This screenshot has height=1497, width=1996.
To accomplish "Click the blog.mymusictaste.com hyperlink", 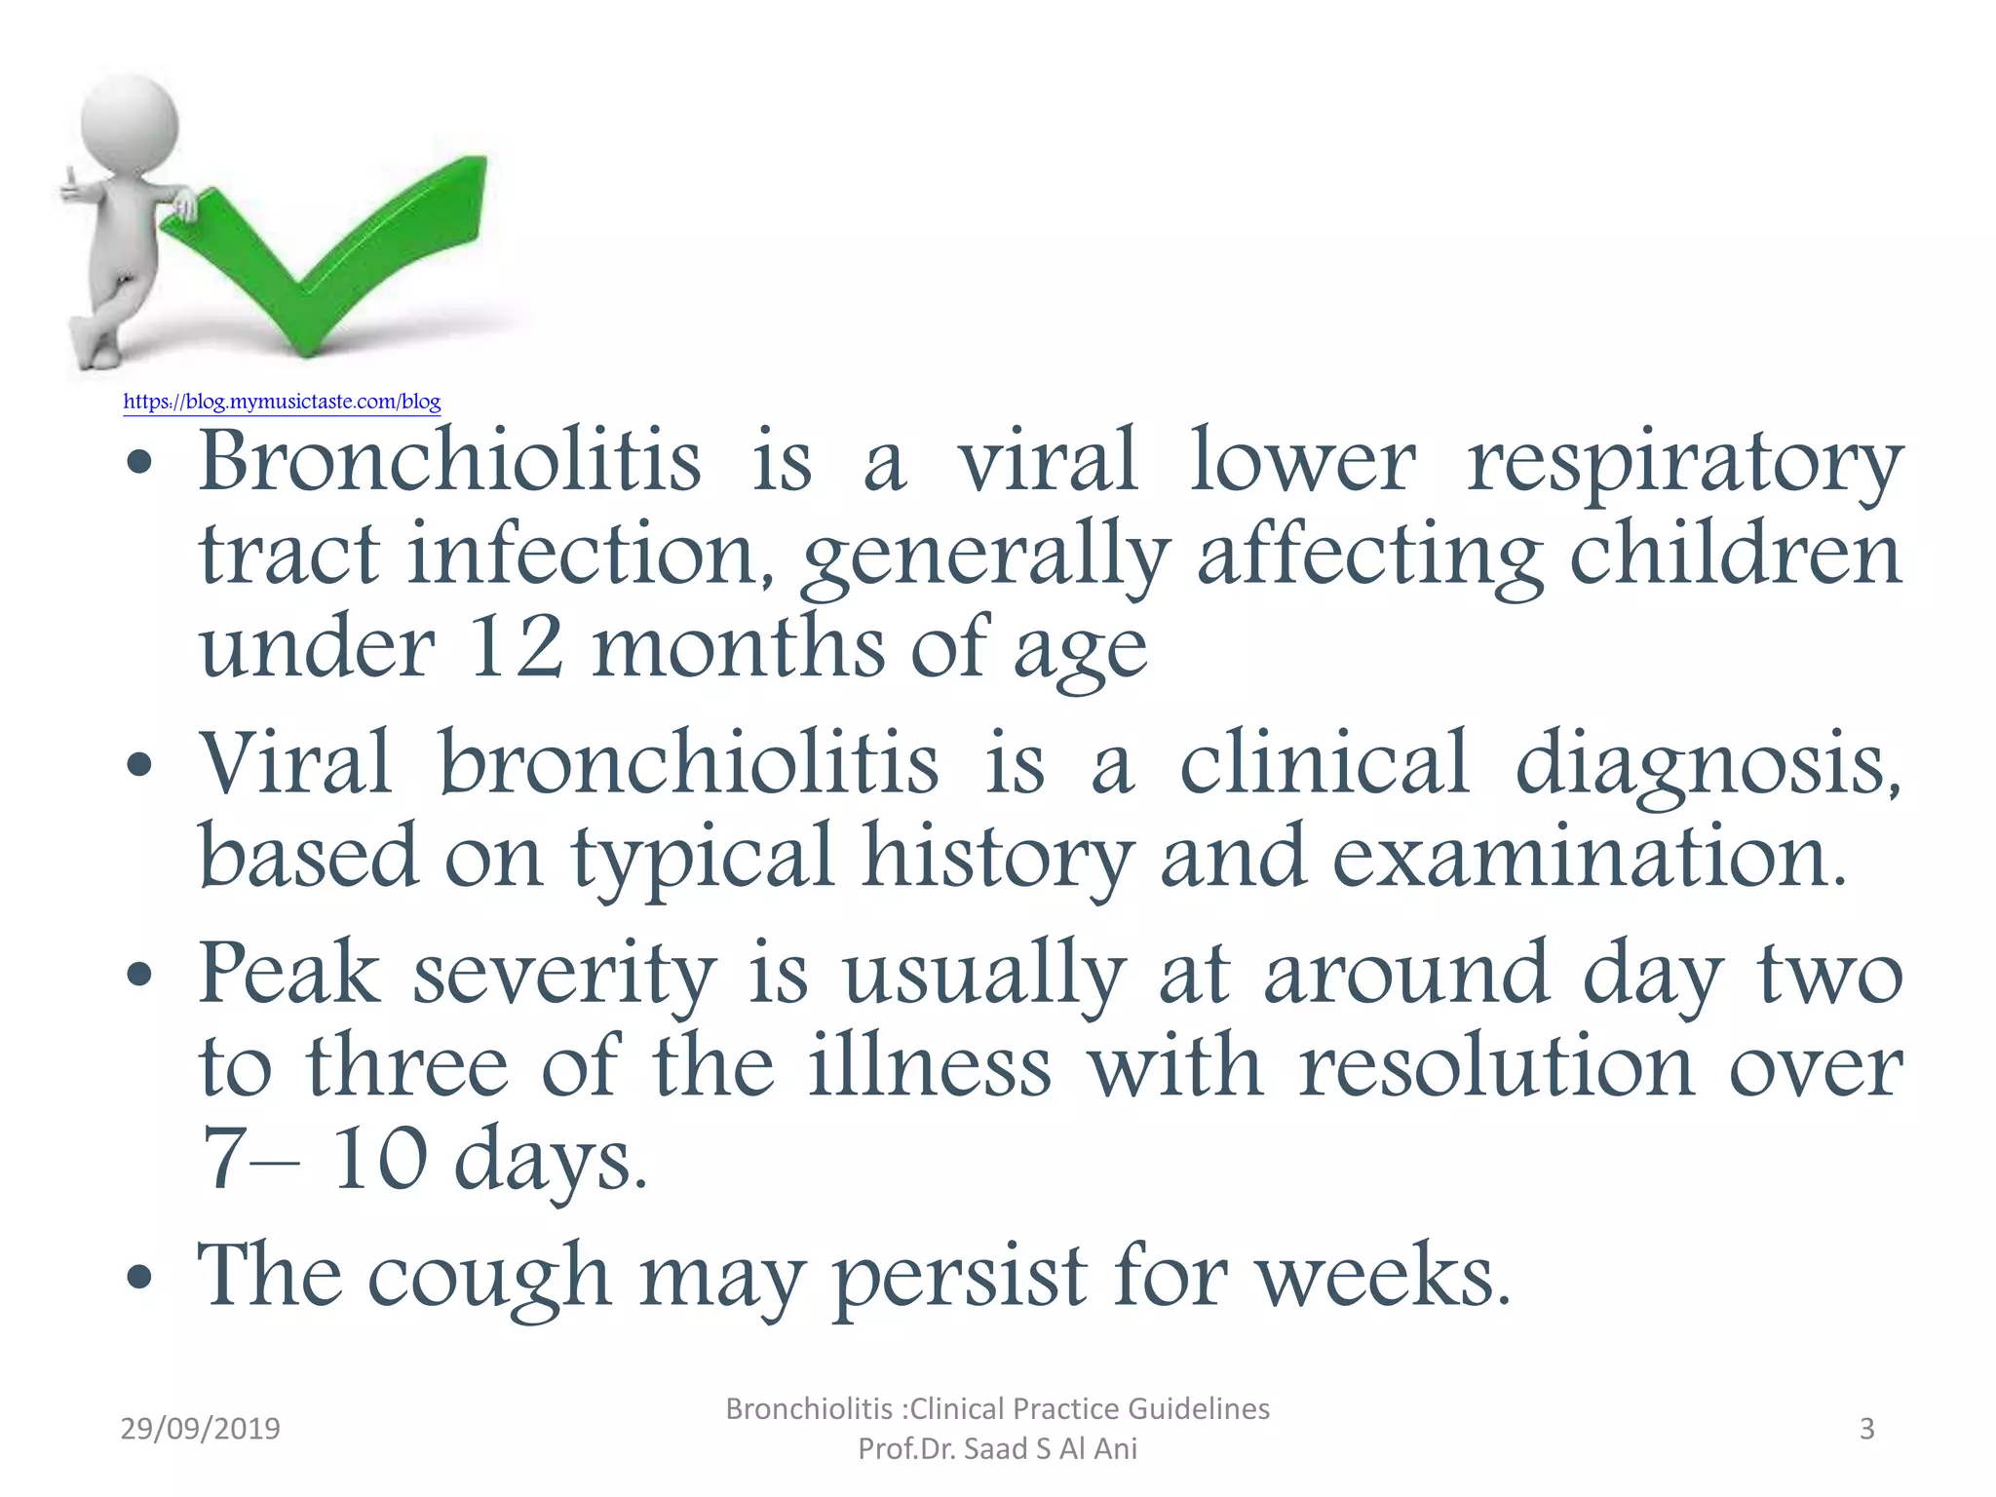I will (282, 402).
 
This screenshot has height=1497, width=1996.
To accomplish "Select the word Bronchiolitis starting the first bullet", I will (449, 460).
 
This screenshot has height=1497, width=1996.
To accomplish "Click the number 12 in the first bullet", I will (516, 647).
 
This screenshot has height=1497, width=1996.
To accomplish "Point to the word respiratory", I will (1684, 463).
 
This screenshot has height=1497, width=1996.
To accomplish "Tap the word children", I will (1735, 554).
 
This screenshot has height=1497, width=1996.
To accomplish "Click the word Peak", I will (289, 973).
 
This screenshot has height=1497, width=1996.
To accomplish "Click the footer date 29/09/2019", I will (200, 1429).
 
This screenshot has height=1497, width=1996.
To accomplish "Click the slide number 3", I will (1866, 1429).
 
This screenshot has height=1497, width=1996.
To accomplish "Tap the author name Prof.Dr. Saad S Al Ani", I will (997, 1449).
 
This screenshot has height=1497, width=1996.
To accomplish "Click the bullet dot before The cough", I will (140, 1277).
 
